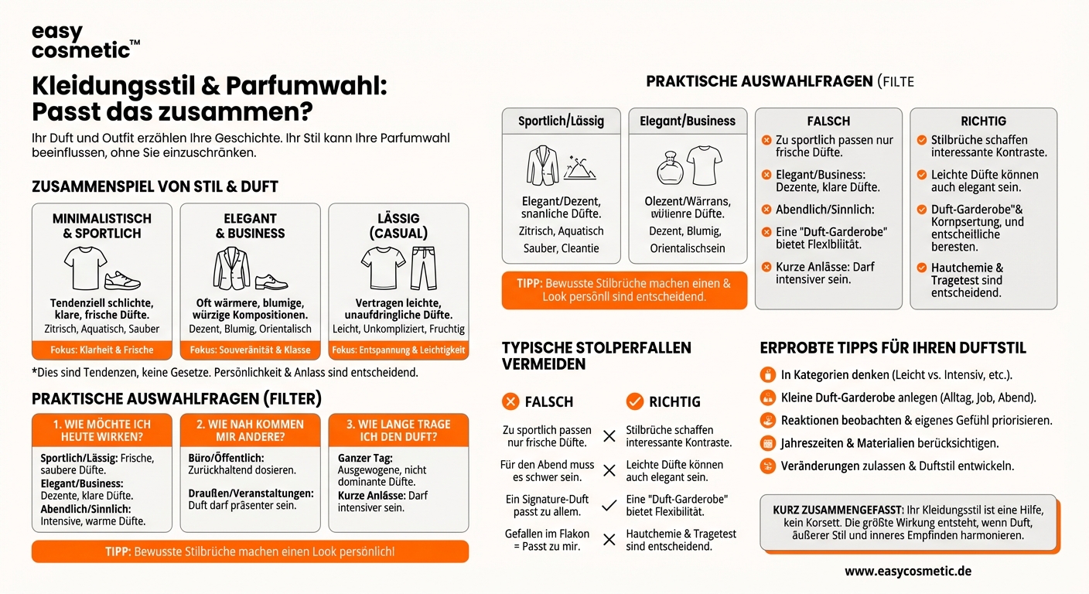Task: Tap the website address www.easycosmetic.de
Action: click(x=907, y=572)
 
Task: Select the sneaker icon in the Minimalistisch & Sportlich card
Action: click(x=122, y=279)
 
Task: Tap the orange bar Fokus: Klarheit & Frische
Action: click(x=102, y=350)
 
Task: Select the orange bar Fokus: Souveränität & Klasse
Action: click(x=250, y=350)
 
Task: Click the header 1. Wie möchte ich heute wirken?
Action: click(x=102, y=430)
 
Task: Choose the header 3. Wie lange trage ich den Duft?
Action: click(x=398, y=430)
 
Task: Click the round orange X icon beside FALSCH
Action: click(x=510, y=401)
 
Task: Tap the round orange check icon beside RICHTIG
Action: click(x=634, y=401)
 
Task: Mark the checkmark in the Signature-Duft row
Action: click(x=609, y=505)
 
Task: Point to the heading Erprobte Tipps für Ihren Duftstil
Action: click(x=893, y=348)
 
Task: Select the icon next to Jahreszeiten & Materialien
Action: click(x=768, y=443)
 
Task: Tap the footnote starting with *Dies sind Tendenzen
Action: click(x=224, y=373)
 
